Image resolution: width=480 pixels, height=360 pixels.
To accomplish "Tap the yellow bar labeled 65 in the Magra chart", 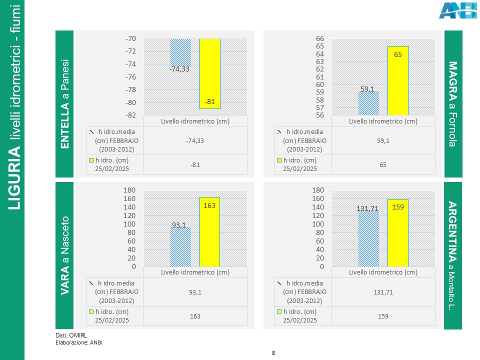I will coord(398,80).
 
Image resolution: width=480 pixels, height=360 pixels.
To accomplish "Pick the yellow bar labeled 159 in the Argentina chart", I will coord(398,232).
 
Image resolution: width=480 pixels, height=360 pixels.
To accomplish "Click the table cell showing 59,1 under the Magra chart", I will coord(383,141).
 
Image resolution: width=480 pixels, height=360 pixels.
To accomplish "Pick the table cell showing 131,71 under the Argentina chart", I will coord(383,292).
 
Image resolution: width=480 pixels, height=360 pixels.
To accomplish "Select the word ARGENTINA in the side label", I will coord(453,232).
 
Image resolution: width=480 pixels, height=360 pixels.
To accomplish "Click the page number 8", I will coord(273,353).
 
